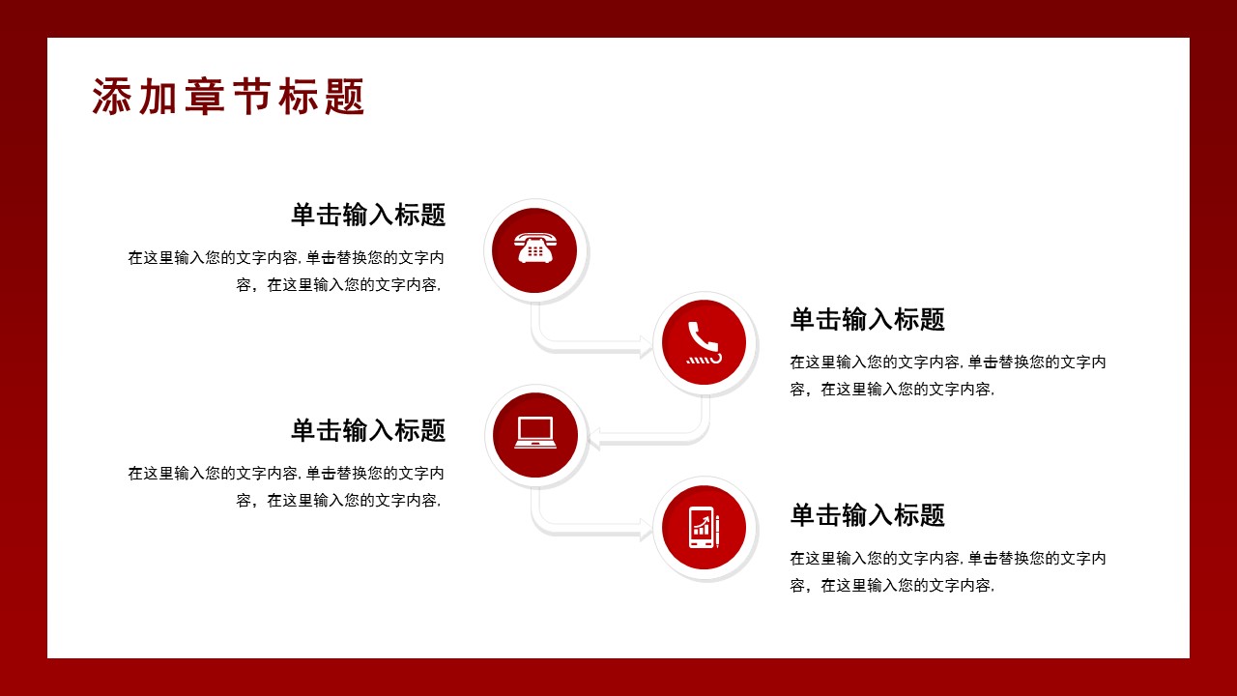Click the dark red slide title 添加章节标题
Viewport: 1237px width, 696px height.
coord(228,98)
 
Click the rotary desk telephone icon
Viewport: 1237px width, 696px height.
coord(534,249)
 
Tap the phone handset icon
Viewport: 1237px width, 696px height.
coord(704,343)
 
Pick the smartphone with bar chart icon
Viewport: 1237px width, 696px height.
coord(704,528)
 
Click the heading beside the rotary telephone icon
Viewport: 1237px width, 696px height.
coord(368,215)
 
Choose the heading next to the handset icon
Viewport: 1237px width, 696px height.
coord(867,319)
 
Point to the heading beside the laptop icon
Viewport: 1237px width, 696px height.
coord(368,430)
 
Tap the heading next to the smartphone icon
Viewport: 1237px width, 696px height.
coord(867,515)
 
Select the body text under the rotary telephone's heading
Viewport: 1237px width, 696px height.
coord(287,272)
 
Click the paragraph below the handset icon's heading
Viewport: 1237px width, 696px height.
coord(948,376)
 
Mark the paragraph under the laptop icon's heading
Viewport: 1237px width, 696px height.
coord(287,487)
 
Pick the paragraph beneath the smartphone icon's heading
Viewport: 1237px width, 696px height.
coord(948,572)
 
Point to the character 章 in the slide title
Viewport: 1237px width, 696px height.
coord(204,98)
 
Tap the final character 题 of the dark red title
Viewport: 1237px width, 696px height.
coord(345,98)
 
